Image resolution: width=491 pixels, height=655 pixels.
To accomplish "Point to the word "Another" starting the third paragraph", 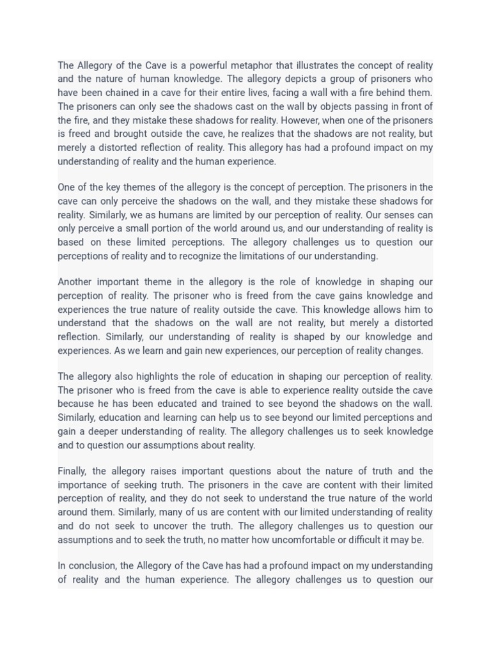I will pos(75,281).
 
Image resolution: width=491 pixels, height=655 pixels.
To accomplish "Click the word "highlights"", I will pos(159,376).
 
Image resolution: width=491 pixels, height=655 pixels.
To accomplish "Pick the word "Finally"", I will pos(72,471).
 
